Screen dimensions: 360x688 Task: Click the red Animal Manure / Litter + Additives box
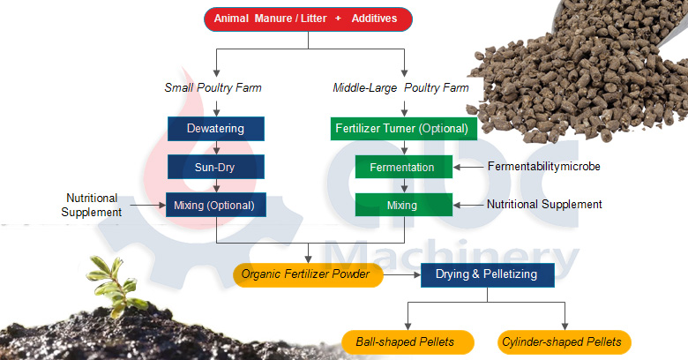pyautogui.click(x=308, y=18)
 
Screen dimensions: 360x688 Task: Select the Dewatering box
pyautogui.click(x=216, y=129)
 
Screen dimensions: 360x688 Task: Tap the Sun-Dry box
pyautogui.click(x=216, y=167)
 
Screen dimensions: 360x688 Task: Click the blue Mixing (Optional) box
pyautogui.click(x=216, y=206)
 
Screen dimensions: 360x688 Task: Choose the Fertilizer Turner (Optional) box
pyautogui.click(x=404, y=129)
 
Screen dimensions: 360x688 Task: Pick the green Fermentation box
pyautogui.click(x=404, y=167)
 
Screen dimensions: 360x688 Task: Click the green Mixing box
pyautogui.click(x=404, y=205)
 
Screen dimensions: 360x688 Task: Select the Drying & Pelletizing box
pyautogui.click(x=487, y=274)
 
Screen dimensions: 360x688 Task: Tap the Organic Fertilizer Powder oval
pyautogui.click(x=309, y=275)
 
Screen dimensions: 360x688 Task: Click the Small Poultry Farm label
pyautogui.click(x=213, y=88)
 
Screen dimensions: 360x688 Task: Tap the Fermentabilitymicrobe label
pyautogui.click(x=545, y=167)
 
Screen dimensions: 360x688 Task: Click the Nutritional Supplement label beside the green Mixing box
pyautogui.click(x=544, y=205)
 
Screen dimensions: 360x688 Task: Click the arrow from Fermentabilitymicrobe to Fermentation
pyautogui.click(x=467, y=167)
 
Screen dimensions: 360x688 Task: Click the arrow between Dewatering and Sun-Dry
pyautogui.click(x=216, y=147)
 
